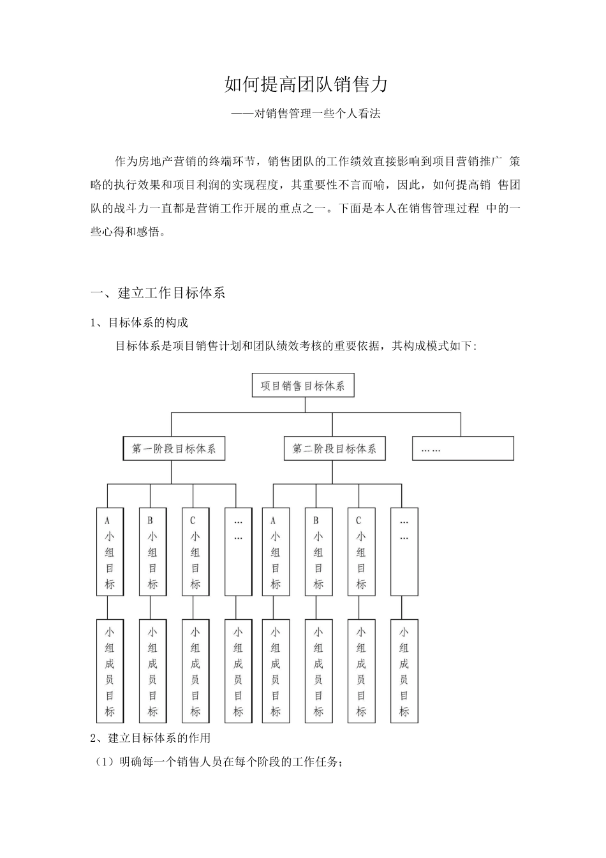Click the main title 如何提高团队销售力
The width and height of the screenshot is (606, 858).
coord(306,84)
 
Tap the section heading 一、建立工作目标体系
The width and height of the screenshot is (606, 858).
coord(158,293)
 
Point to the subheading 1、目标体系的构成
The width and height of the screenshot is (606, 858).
coord(140,322)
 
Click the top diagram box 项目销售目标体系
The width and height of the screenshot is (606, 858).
coord(303,386)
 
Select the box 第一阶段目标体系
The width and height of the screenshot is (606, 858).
coord(174,449)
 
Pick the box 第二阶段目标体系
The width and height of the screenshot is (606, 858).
coord(334,449)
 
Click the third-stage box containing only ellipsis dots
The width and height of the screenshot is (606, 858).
coord(462,449)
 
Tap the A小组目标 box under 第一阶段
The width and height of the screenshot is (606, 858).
coord(109,552)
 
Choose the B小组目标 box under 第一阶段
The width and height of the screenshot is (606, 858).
coord(152,552)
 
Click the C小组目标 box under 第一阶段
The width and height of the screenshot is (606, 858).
coord(195,552)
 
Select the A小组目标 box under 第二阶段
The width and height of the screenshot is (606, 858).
coord(276,552)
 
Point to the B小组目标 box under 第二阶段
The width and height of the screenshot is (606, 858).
coord(318,552)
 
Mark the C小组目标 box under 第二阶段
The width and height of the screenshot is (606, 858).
coord(361,552)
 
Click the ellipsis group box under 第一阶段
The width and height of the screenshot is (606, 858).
coord(238,552)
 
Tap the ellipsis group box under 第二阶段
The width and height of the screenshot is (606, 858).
coord(404,552)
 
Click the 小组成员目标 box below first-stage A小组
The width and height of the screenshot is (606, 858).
coord(109,671)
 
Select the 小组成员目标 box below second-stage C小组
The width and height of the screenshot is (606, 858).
coord(361,671)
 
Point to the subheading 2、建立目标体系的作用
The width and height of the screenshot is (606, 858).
coord(151,738)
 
